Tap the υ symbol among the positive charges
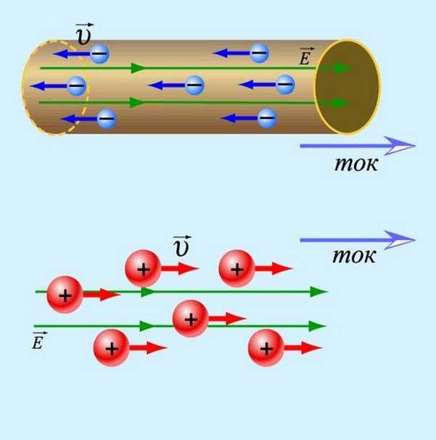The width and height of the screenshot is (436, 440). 182,247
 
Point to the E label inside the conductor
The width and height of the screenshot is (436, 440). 305,57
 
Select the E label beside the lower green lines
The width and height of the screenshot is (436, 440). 38,341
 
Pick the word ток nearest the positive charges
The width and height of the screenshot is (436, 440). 354,255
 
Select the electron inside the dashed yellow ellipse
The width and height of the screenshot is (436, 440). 76,86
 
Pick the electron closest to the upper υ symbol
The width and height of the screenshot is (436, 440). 99,53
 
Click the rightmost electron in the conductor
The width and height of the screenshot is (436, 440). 285,85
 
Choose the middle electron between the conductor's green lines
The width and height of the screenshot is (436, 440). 194,86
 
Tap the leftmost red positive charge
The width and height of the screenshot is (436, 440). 65,295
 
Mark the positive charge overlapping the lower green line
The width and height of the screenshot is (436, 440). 190,318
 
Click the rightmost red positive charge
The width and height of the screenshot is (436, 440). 266,349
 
